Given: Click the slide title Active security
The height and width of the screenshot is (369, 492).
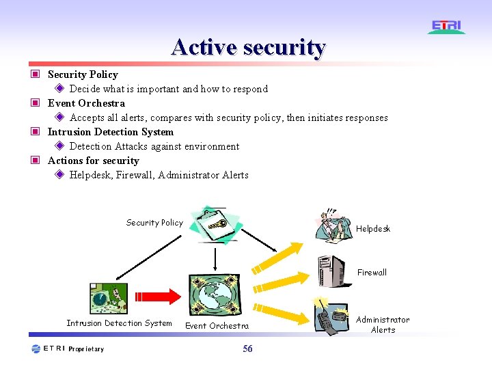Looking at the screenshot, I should point(249,47).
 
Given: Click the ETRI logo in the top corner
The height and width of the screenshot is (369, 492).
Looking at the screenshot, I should point(447,27).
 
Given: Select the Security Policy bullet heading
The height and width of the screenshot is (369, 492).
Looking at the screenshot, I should point(83,74).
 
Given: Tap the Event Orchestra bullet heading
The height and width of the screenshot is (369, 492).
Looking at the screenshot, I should point(86,103).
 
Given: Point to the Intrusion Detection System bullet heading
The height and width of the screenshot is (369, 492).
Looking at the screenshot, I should point(110,132).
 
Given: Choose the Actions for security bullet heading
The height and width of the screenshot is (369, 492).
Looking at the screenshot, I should point(93,161).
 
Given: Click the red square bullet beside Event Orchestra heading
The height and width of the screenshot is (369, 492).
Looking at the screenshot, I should point(34,103).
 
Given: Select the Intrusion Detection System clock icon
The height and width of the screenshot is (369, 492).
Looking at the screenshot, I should point(109,298).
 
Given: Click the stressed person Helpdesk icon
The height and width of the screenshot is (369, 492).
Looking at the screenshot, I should point(333,223).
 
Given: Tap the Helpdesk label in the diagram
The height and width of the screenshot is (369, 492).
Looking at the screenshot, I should point(373,229).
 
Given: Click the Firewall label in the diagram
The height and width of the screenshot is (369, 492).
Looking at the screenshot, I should point(372,272).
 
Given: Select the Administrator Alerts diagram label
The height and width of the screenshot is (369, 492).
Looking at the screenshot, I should point(383,325).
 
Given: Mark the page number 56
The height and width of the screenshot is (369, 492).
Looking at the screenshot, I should point(247,349).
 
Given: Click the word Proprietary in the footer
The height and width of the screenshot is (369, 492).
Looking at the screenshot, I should point(86,349).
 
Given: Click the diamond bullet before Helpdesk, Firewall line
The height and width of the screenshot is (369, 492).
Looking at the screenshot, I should point(59,175).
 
